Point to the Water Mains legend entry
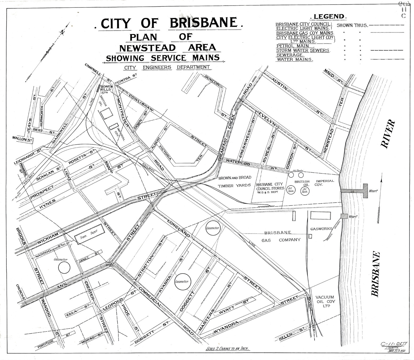[x=294, y=60]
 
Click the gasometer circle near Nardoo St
[x=64, y=267]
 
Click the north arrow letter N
[x=62, y=32]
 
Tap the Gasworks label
[x=321, y=229]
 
